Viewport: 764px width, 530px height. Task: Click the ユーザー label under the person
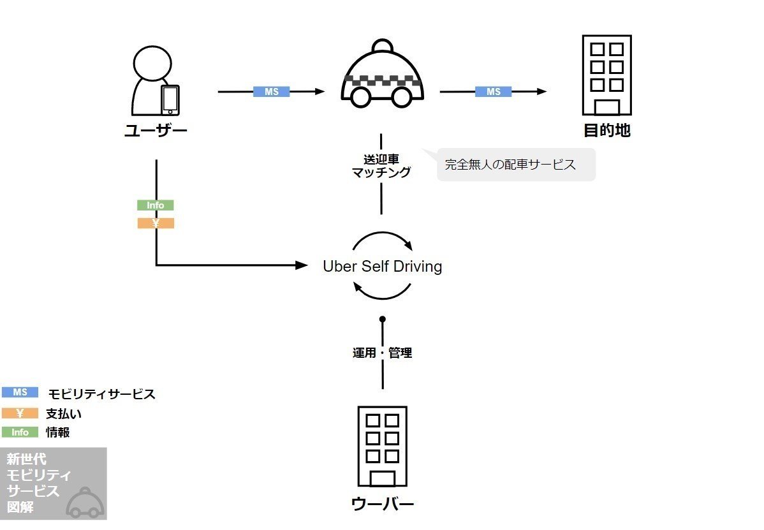pyautogui.click(x=156, y=131)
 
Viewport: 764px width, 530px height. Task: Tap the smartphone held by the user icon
pyautogui.click(x=170, y=99)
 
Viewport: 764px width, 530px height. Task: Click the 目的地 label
pyautogui.click(x=606, y=131)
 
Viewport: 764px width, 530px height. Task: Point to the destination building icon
pyautogui.click(x=606, y=75)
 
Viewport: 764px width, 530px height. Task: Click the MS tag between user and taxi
pyautogui.click(x=272, y=92)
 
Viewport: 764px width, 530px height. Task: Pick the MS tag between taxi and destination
pyautogui.click(x=493, y=92)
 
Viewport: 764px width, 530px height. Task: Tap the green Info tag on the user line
pyautogui.click(x=156, y=205)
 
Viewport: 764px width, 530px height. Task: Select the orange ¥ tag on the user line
pyautogui.click(x=156, y=223)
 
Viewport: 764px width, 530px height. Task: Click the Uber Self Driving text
pyautogui.click(x=382, y=266)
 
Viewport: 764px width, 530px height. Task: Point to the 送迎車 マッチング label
pyautogui.click(x=381, y=166)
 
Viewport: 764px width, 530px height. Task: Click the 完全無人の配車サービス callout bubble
pyautogui.click(x=515, y=165)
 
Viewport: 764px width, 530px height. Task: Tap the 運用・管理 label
pyautogui.click(x=382, y=353)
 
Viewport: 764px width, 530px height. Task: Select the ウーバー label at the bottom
pyautogui.click(x=382, y=504)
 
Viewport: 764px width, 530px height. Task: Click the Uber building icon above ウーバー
pyautogui.click(x=382, y=446)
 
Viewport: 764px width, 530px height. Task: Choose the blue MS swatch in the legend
pyautogui.click(x=20, y=393)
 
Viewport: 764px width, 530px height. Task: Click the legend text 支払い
pyautogui.click(x=64, y=413)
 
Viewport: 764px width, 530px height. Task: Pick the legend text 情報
pyautogui.click(x=58, y=432)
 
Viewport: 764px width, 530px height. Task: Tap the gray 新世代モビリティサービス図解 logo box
pyautogui.click(x=53, y=483)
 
